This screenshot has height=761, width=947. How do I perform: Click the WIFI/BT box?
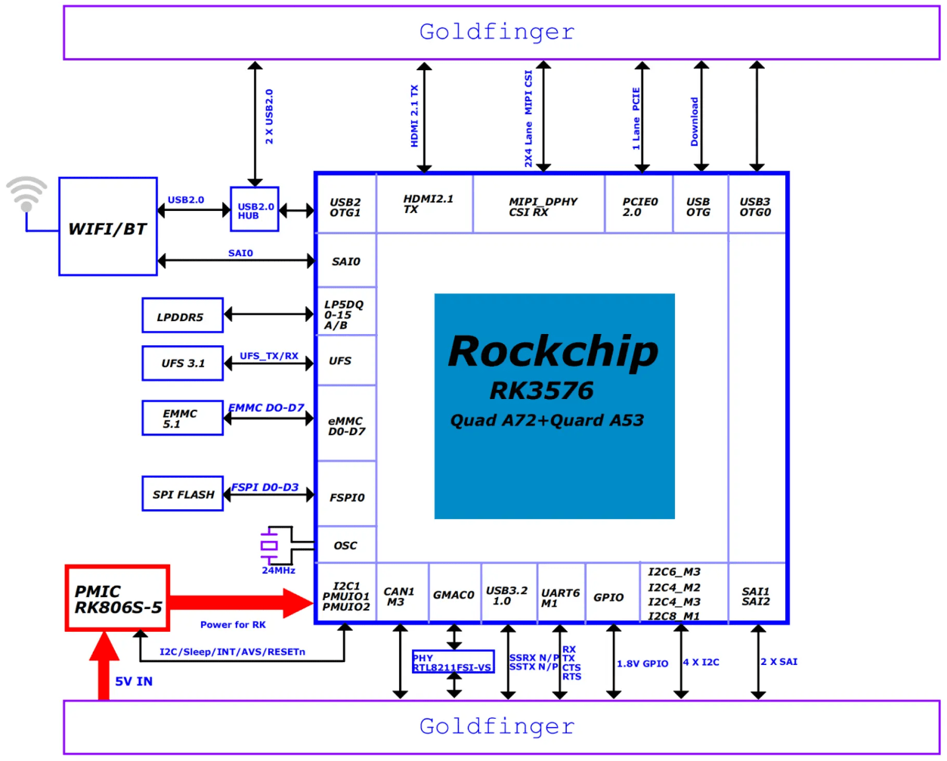coord(108,227)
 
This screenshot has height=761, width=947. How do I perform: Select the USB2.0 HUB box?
coord(255,209)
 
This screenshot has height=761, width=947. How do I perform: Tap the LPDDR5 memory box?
coord(182,316)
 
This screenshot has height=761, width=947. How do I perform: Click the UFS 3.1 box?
coord(182,363)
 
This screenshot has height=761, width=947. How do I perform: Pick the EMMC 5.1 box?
coord(182,419)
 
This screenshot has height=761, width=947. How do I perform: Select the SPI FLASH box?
coord(182,494)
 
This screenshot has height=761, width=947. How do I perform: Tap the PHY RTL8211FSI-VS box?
coord(453,662)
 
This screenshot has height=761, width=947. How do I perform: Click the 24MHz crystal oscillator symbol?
coord(269,545)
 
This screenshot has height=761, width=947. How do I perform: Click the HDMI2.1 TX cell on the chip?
coord(425,204)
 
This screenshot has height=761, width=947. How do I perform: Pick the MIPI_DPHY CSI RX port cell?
coord(539,206)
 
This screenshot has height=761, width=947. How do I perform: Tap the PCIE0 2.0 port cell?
coord(639,206)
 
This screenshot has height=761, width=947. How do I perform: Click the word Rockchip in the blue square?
coord(552,351)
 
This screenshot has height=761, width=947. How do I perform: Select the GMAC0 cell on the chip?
coord(453,595)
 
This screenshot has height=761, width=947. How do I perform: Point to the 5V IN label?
coord(134,681)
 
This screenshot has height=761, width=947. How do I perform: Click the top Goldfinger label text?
coord(497,32)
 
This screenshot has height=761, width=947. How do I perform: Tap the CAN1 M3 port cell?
coord(400,596)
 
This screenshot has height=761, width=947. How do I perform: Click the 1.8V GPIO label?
coord(642,664)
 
